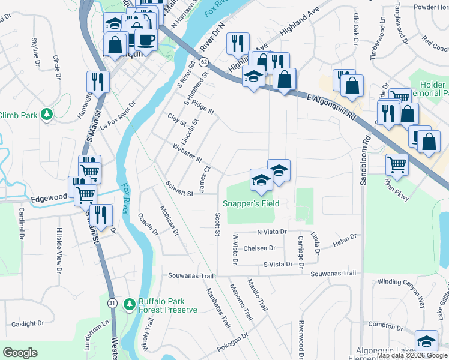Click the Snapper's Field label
coord(252,204)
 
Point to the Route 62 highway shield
coord(205,62)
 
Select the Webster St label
coord(187,153)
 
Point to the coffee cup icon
coord(146,40)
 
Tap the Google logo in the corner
coord(20,353)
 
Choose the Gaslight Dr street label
coord(28,323)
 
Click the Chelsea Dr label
coord(259,248)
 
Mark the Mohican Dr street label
coord(169,220)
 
